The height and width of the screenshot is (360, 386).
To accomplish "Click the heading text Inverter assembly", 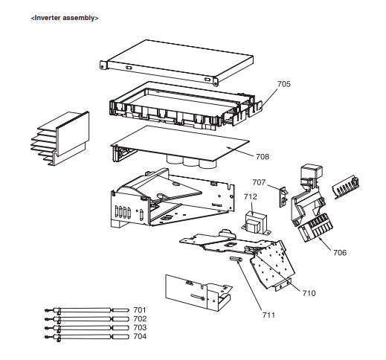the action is click(x=65, y=18).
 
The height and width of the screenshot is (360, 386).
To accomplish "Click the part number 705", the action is click(x=283, y=84).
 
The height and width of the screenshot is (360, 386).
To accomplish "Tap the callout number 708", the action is click(x=263, y=156).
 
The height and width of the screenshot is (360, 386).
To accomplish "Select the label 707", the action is click(x=259, y=182).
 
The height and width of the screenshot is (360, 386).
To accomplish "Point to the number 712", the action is click(x=251, y=196).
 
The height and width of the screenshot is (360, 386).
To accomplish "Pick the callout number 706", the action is click(x=340, y=252).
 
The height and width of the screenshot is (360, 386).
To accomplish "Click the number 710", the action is click(x=309, y=293).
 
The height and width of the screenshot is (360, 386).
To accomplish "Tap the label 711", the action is click(x=268, y=315).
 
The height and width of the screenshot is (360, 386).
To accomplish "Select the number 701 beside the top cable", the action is click(x=140, y=310).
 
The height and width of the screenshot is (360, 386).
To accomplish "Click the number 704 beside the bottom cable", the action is click(x=140, y=336).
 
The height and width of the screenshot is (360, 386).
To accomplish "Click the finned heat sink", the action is click(x=59, y=138).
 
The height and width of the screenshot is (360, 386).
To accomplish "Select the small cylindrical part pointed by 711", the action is click(x=236, y=259).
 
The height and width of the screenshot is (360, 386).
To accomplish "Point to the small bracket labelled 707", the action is click(x=283, y=197).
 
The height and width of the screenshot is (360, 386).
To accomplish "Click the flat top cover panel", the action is click(x=177, y=62).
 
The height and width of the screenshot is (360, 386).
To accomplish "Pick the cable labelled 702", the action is click(x=87, y=319).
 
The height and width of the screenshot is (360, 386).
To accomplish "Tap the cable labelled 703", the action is click(x=87, y=328).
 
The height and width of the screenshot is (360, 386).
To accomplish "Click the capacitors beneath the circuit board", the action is click(x=191, y=161).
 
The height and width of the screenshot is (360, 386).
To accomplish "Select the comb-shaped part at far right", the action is click(x=346, y=187).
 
